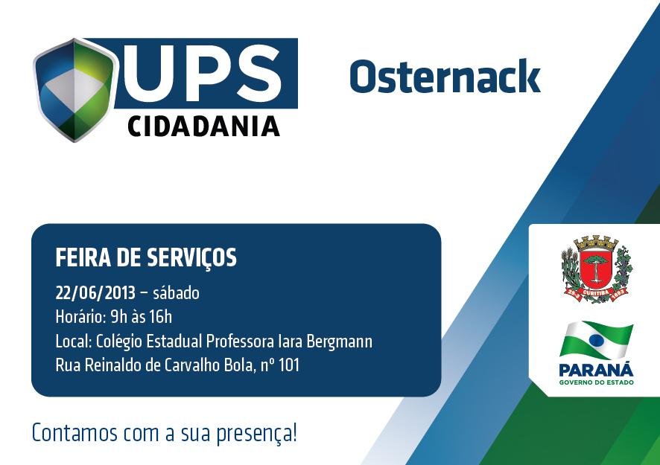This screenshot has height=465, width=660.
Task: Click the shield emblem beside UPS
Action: coord(74,90)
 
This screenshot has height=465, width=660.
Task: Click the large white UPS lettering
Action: coord(202,73)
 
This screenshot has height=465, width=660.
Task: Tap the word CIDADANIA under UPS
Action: coord(203,126)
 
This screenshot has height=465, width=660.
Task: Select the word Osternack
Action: coord(445,76)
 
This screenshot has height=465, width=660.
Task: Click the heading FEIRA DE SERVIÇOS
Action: coord(146,257)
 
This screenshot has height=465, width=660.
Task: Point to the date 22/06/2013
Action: coord(95,293)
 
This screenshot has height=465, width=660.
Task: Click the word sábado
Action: coord(177,292)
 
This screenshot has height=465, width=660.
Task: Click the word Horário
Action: coord(80,317)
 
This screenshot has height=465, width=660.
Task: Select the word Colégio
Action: coord(119,341)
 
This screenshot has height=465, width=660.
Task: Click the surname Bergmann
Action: coord(339,341)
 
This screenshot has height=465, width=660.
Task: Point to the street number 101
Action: coord(289,365)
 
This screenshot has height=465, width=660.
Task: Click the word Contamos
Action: coord(74,433)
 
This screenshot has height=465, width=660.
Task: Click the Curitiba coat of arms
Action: coord(597,269)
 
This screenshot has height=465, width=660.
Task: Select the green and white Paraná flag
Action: coord(597,340)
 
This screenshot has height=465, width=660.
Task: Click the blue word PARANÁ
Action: coord(596,370)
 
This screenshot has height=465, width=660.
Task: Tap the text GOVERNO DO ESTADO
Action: coord(596,382)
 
